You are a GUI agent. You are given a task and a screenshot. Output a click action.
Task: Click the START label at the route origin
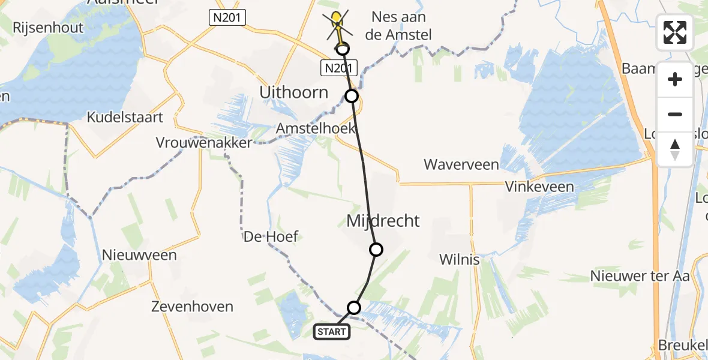(332, 331)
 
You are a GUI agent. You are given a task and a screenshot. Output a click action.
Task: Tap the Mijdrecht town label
(383, 221)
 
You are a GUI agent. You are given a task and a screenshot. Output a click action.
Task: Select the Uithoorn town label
(294, 92)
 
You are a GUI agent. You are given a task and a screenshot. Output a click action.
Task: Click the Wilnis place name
(460, 260)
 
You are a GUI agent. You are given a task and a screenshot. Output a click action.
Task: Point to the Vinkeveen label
(539, 187)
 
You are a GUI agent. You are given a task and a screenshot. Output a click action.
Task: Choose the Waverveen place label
(461, 164)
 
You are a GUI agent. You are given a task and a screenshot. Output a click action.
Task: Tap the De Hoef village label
(271, 236)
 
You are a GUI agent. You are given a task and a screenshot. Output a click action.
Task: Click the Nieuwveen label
(139, 255)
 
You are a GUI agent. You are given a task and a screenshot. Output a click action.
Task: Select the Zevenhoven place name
(192, 307)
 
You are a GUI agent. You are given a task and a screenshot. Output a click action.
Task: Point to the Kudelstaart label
(125, 117)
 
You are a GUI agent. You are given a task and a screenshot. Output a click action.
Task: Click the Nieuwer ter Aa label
(640, 276)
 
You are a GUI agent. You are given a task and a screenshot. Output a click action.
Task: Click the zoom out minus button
(675, 114)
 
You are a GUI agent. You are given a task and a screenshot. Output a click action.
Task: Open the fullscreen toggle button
(675, 32)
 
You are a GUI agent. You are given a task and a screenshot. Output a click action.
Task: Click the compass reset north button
(675, 149)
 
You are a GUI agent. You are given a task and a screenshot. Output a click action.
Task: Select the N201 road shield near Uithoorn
(339, 68)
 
